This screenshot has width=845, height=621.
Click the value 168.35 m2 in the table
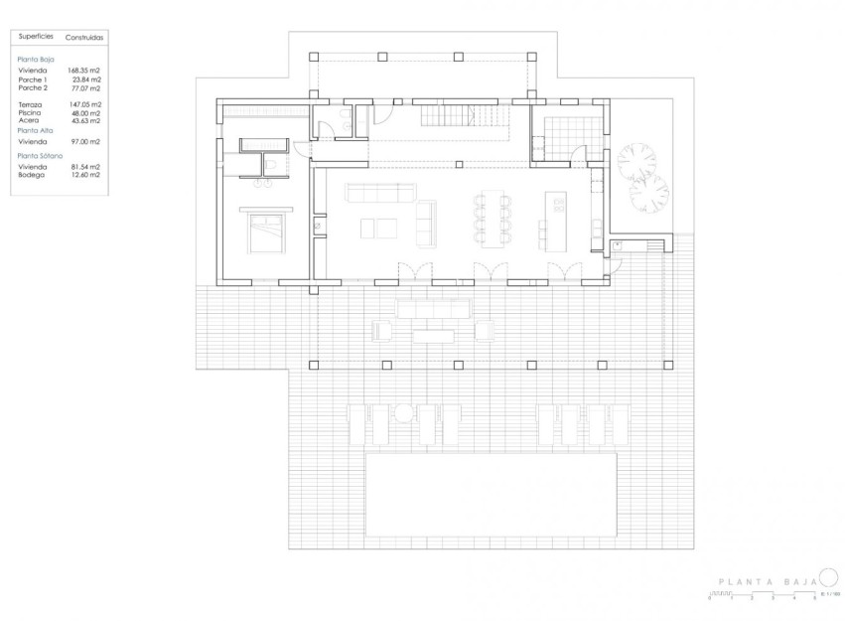(x=84, y=71)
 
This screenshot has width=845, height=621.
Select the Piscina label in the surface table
(x=29, y=112)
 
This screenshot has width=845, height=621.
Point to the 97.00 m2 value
(x=84, y=142)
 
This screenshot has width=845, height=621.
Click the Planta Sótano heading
(x=37, y=156)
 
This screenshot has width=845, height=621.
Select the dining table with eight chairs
(x=493, y=218)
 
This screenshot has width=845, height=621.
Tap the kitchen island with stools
(x=555, y=219)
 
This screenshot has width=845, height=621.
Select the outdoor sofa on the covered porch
(x=433, y=309)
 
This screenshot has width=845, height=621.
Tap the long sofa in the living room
(x=377, y=191)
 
